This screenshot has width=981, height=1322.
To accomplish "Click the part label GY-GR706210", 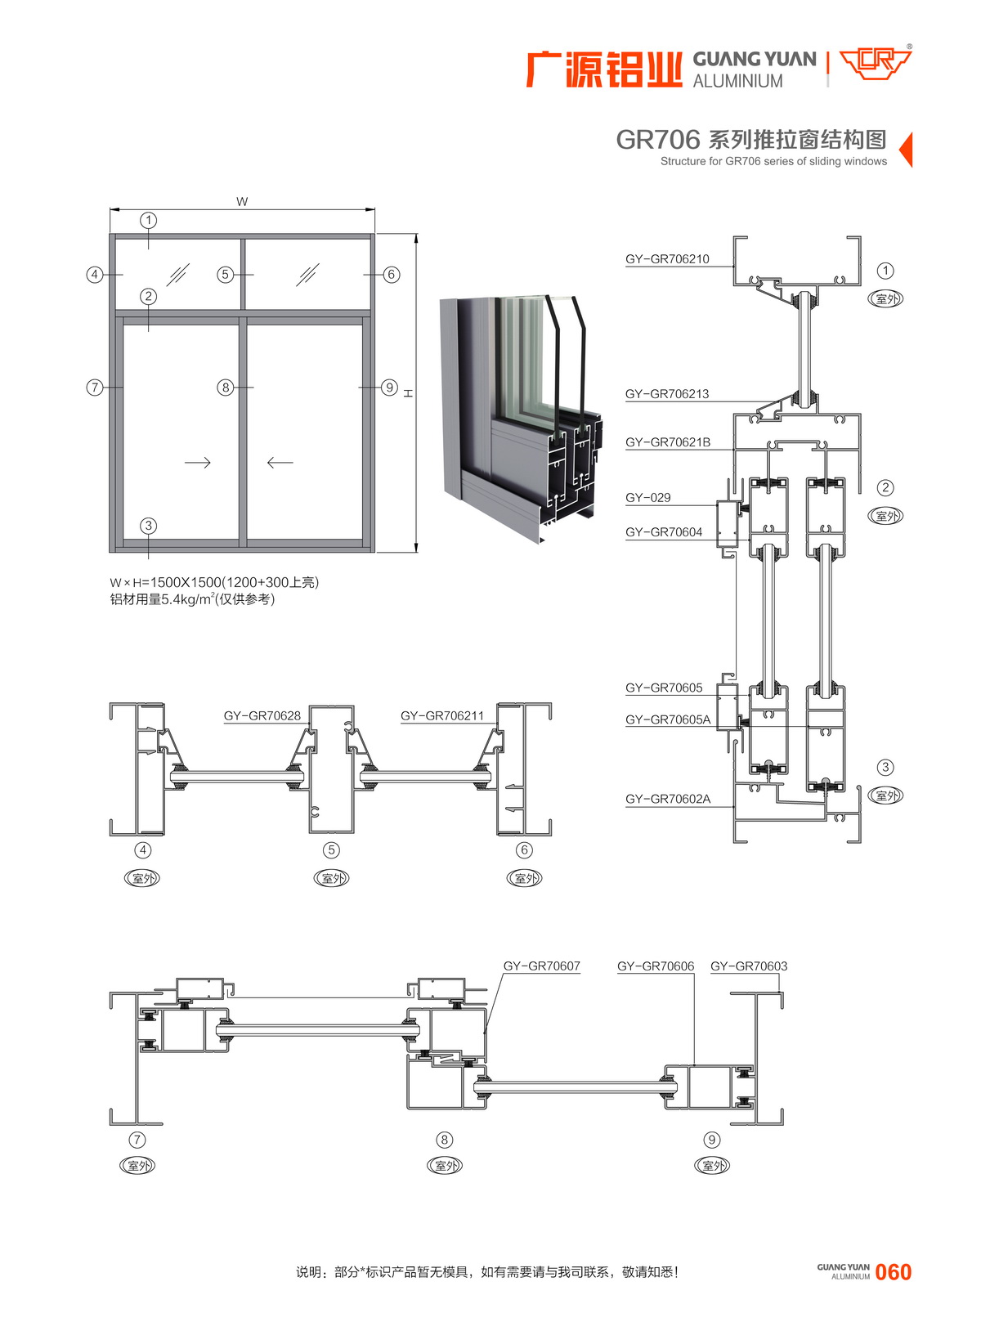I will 667,259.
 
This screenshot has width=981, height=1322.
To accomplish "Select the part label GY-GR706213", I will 667,394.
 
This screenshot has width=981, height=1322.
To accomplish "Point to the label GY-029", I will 648,497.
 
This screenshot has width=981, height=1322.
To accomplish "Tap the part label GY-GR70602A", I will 668,799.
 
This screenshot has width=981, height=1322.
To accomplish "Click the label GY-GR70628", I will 262,716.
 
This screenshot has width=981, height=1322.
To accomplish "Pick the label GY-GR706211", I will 442,716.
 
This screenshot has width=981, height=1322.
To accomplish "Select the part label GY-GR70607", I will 541,966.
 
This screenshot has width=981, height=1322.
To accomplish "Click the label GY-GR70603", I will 749,966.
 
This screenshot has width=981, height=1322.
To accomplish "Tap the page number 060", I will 893,1272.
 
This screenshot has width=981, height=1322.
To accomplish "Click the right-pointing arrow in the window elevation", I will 198,463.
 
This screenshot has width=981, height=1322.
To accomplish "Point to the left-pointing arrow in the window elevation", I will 280,463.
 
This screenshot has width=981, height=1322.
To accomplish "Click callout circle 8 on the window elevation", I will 226,388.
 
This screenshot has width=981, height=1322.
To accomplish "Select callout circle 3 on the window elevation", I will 148,526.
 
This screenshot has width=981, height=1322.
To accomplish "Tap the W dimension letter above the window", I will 242,202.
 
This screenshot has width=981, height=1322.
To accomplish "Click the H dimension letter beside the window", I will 408,393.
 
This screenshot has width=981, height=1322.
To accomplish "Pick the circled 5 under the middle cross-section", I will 331,850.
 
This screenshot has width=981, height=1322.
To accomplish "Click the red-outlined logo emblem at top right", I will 875,63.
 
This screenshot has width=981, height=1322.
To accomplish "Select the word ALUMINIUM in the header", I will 737,81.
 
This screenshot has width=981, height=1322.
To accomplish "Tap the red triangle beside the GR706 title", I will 906,150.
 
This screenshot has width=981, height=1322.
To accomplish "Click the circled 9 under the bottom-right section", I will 712,1140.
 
